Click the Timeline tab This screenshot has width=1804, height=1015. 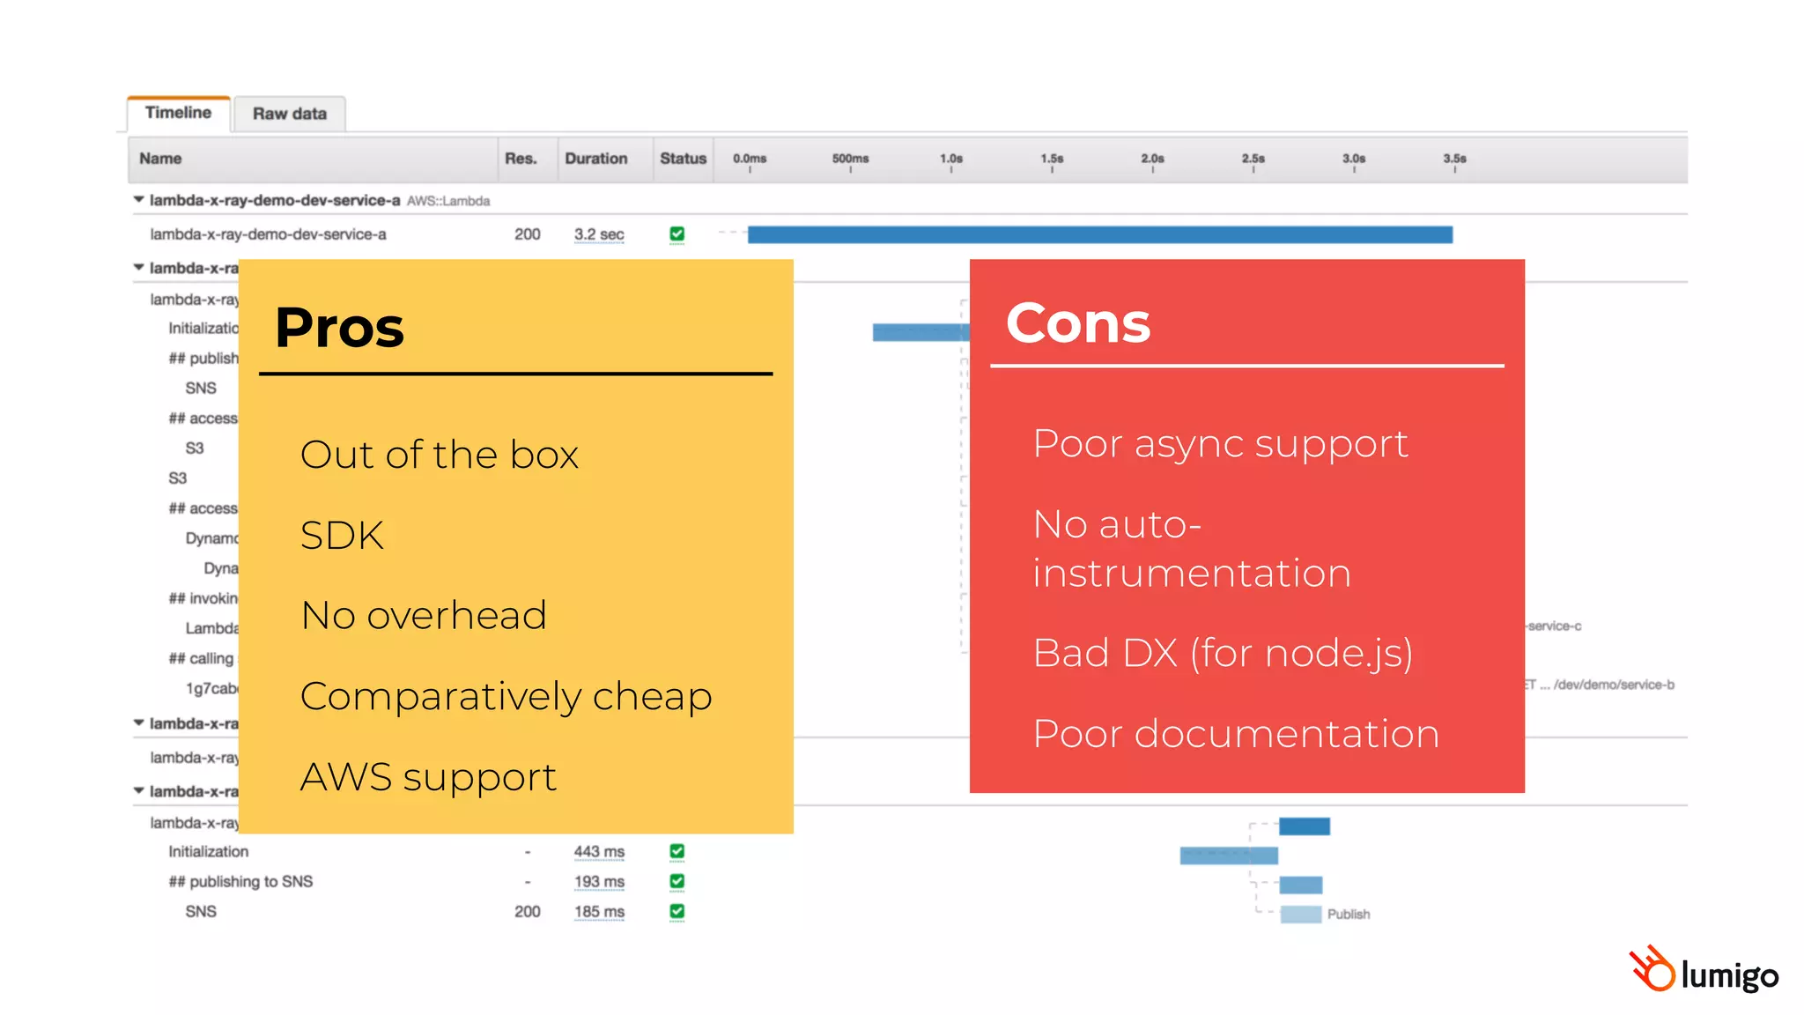[178, 113]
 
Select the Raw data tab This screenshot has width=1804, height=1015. [289, 114]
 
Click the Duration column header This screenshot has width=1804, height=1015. [596, 159]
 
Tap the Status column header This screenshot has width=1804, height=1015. [683, 159]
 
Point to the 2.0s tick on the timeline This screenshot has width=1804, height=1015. [1152, 159]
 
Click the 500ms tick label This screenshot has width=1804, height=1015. [850, 159]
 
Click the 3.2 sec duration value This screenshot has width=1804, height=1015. [599, 234]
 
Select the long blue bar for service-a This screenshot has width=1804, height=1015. [1099, 234]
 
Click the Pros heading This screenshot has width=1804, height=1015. [339, 328]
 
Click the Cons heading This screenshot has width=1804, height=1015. [1078, 323]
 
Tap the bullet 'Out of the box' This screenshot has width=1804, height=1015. [439, 455]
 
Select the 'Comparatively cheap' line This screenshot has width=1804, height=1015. [506, 696]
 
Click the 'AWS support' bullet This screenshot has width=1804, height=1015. [428, 777]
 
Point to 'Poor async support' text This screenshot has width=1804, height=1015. [1220, 443]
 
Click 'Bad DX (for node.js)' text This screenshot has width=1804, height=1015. [1223, 653]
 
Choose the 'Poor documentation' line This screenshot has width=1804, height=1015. [1236, 734]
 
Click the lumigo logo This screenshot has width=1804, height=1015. [1704, 971]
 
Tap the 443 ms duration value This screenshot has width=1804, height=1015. [599, 852]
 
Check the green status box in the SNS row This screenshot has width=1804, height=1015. [676, 911]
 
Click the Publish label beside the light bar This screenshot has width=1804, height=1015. [1348, 915]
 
